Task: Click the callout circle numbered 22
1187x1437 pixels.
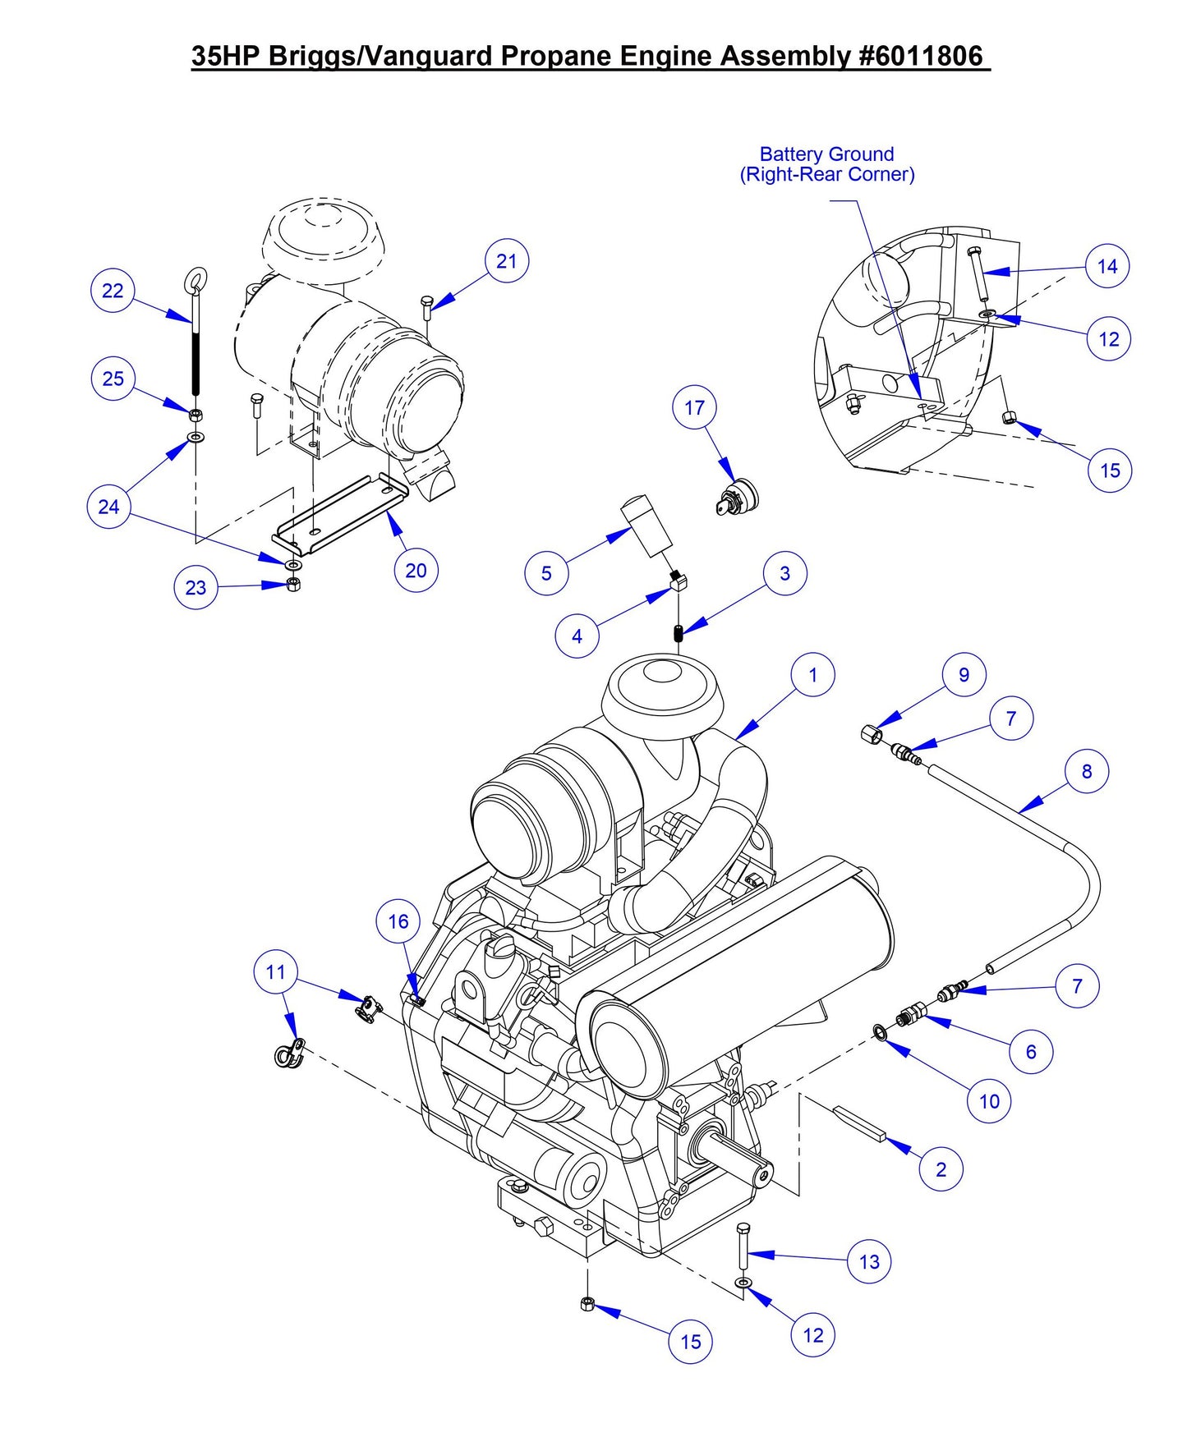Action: tap(113, 291)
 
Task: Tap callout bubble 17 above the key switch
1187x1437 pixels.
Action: tap(694, 408)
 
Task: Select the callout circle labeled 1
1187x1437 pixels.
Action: tap(812, 675)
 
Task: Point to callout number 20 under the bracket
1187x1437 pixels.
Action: tap(416, 571)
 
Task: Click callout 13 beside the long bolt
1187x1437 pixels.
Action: tap(869, 1262)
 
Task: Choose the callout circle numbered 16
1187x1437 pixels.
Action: tap(398, 921)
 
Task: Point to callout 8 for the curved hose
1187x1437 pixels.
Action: tap(1087, 771)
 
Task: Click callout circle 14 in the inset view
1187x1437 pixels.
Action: tap(1107, 266)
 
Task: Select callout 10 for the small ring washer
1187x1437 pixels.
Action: tap(989, 1101)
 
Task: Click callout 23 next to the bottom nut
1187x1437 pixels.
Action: tap(196, 588)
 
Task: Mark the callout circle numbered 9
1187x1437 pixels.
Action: tap(964, 675)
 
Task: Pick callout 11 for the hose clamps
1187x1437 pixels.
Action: tap(275, 972)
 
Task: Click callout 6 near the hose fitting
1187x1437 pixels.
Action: tap(1031, 1052)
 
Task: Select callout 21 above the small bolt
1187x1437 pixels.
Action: tap(507, 261)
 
